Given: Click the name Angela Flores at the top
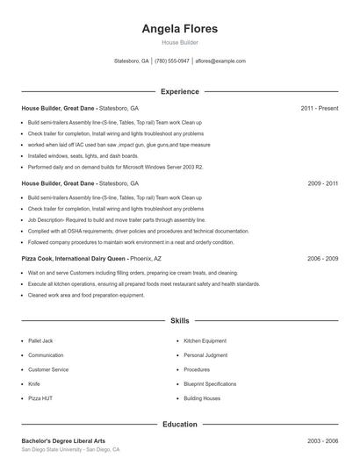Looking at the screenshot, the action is click(179, 29).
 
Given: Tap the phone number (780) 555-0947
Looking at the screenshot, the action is click(173, 61).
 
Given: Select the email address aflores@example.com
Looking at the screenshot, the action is click(220, 61).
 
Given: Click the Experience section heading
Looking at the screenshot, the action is click(179, 91).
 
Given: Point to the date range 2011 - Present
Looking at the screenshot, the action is click(319, 108).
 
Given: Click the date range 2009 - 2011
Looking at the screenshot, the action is click(322, 183).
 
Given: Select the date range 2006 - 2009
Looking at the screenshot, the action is click(322, 259).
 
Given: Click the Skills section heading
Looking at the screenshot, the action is click(179, 321).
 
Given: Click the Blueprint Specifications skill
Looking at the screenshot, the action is click(210, 383).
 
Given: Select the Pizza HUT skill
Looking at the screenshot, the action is click(40, 397).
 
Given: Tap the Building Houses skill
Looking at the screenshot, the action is click(203, 397).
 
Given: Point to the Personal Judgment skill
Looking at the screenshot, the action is click(205, 355).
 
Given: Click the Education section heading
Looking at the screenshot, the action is click(179, 425).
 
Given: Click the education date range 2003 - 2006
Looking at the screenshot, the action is click(322, 440).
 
